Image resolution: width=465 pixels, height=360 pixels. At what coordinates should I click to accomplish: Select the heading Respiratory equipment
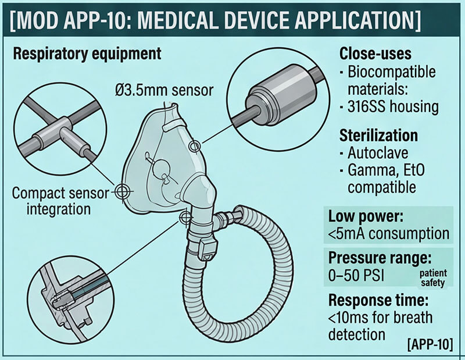[x=87, y=54]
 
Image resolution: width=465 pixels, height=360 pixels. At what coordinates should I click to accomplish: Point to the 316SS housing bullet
[x=392, y=107]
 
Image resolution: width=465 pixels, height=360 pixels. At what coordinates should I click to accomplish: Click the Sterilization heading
[x=378, y=135]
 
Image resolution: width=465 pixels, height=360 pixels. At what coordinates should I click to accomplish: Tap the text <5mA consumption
[x=388, y=234]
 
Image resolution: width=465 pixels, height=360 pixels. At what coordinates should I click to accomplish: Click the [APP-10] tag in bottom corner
[x=433, y=338]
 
